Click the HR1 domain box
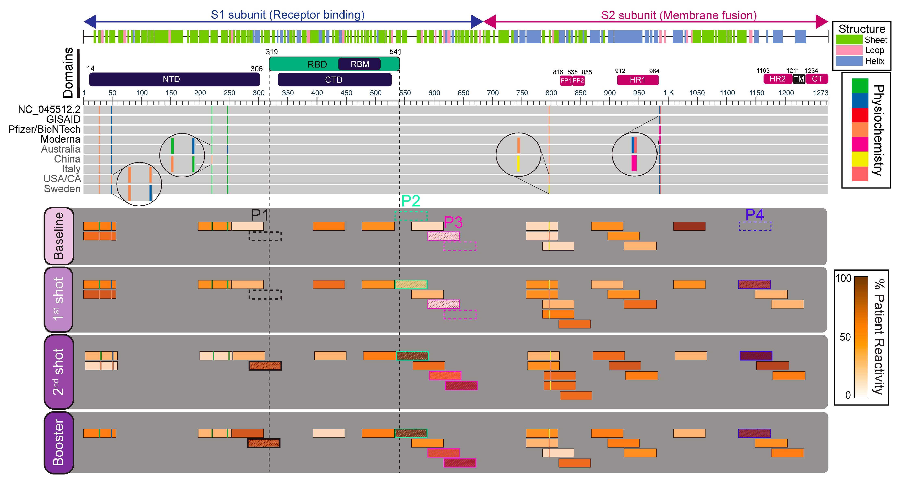pos(638,80)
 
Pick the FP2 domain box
pos(578,81)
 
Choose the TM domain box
pos(799,79)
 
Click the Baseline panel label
pos(59,236)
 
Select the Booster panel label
pos(59,442)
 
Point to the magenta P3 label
pos(453,222)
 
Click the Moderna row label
pos(61,140)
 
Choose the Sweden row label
pos(62,189)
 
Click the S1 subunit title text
pos(288,15)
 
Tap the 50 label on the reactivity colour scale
pos(845,337)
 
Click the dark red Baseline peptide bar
pos(689,226)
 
